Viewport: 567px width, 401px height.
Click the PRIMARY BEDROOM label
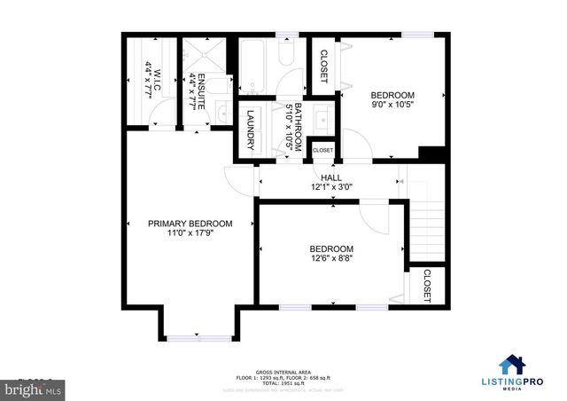coord(190,224)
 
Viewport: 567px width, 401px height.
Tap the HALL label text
coord(331,178)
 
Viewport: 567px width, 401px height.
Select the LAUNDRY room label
coord(251,129)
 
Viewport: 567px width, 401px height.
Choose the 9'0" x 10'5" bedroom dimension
coord(392,106)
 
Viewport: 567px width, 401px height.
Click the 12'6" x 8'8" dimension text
coord(331,259)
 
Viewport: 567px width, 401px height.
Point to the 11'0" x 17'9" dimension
coord(190,233)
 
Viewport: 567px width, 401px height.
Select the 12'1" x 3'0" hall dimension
coord(331,188)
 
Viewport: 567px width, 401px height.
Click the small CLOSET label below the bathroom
coord(322,151)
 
